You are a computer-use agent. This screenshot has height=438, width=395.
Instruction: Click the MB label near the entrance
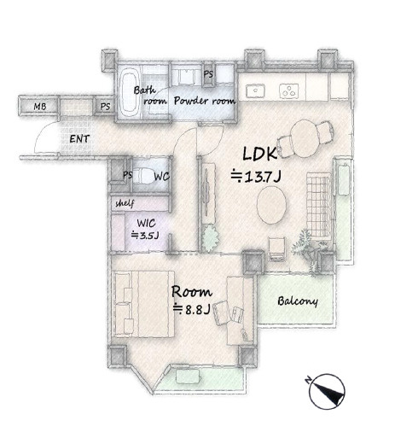40,107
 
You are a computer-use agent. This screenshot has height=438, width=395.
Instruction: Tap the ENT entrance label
79,139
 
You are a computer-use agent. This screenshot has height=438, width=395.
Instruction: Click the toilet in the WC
143,175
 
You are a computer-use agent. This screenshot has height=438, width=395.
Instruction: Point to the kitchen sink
255,91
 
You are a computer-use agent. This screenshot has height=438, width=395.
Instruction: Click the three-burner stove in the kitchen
289,91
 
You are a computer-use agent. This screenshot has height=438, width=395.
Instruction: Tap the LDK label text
259,154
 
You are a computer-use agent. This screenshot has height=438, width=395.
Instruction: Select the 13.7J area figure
256,177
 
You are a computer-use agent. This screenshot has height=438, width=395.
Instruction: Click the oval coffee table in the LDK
271,205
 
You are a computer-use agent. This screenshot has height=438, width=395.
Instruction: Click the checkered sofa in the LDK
319,205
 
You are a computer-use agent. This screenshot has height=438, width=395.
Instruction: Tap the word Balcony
298,301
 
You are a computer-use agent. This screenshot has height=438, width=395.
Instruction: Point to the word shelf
125,203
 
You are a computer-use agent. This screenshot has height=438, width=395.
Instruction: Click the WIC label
146,223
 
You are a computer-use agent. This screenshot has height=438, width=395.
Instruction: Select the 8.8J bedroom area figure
192,309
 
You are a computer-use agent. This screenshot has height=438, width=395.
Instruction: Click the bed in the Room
144,304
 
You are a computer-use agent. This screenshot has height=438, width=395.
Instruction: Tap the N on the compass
308,380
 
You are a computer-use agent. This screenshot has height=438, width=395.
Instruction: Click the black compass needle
328,392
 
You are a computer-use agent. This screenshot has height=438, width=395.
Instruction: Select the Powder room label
205,101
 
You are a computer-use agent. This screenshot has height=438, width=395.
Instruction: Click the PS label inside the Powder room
208,74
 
